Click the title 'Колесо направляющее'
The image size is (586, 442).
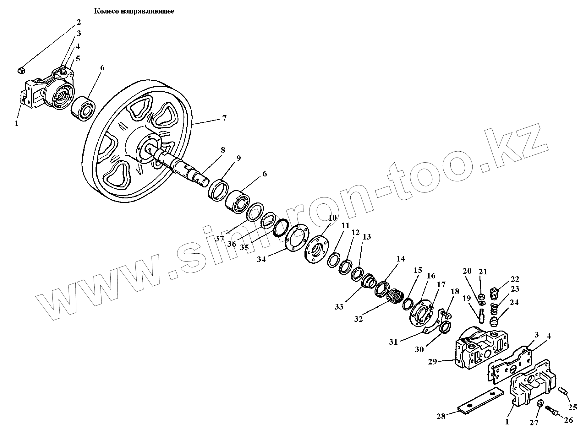(134, 12)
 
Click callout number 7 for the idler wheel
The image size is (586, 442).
(224, 119)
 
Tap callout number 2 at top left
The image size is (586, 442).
(78, 22)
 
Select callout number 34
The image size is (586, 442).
(261, 259)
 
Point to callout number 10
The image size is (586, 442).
(333, 218)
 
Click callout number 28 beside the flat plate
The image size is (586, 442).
(441, 416)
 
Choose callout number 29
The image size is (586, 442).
(433, 362)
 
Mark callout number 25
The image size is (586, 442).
(573, 407)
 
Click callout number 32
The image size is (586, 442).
(359, 319)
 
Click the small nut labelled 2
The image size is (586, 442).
(21, 71)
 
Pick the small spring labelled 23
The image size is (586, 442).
(494, 310)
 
